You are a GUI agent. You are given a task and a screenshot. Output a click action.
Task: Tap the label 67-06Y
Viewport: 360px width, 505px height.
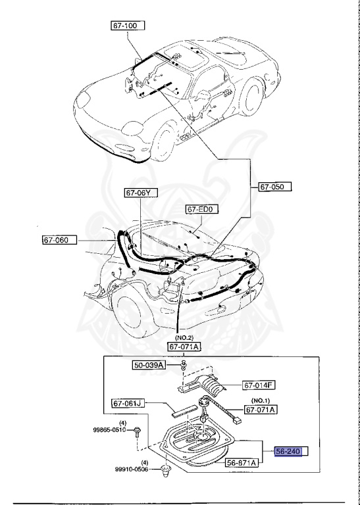click(x=141, y=193)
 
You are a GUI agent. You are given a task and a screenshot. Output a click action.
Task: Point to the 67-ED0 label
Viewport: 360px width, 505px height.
click(x=202, y=210)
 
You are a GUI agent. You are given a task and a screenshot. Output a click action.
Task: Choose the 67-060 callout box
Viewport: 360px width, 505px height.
click(x=59, y=240)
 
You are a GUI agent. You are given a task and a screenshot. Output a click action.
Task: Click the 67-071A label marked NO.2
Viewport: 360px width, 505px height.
click(x=184, y=347)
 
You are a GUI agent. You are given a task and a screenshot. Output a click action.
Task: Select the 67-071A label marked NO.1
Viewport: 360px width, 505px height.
click(x=261, y=410)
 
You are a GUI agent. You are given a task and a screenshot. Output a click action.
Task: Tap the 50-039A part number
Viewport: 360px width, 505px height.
click(x=151, y=364)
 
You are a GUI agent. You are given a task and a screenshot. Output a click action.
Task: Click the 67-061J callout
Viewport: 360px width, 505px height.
click(x=128, y=402)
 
